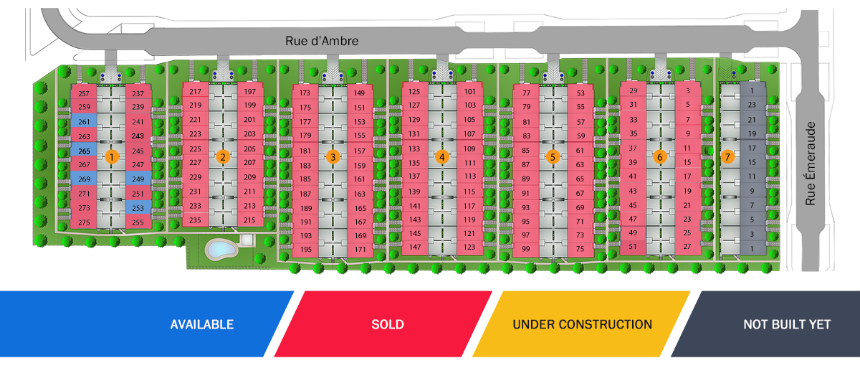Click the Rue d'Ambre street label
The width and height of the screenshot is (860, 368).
[322, 41]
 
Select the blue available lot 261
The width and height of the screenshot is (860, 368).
[84, 122]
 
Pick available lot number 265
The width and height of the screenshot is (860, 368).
[84, 151]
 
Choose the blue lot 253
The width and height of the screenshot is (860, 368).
[138, 207]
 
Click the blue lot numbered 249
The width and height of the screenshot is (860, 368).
[138, 179]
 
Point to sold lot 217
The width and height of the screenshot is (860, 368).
[196, 92]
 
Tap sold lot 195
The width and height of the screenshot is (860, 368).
[306, 250]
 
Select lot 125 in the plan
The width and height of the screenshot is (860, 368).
[414, 92]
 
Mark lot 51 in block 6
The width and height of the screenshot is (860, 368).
[633, 247]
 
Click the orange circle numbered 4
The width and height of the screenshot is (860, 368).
[442, 156]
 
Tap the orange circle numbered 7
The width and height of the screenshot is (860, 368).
[727, 156]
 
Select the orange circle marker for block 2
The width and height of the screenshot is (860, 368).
[224, 156]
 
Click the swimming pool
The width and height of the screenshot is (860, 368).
[221, 250]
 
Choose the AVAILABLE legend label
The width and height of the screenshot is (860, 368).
[201, 324]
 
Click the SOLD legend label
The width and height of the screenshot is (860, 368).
[387, 324]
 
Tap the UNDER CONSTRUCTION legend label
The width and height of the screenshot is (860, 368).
[582, 324]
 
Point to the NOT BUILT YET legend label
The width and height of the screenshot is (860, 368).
[786, 324]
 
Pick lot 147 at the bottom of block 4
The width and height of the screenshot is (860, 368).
[414, 247]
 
